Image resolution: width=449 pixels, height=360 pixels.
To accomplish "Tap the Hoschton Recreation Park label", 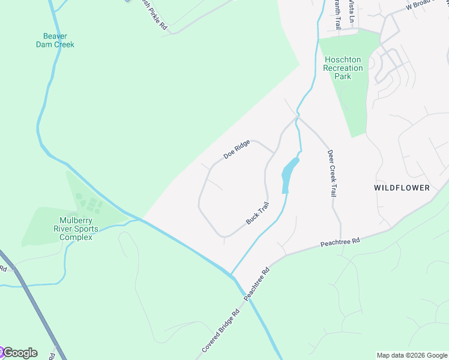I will (x=343, y=68).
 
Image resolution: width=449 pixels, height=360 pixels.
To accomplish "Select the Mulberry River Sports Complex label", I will (x=76, y=229).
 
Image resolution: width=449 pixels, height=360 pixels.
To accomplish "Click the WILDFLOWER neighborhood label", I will (x=402, y=188).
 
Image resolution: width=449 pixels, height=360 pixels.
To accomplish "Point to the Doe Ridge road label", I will (x=237, y=149).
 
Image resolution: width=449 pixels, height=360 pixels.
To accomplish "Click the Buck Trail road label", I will (x=258, y=214).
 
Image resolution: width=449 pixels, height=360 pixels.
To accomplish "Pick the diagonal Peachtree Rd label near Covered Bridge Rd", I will (x=258, y=284).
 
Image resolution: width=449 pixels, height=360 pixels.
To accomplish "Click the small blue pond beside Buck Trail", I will (x=289, y=174).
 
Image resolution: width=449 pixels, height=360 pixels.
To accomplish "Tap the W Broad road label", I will (x=425, y=5).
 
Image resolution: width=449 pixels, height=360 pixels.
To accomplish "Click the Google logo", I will (x=19, y=353).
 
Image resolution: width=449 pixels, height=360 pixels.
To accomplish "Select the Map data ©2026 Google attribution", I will (x=412, y=355).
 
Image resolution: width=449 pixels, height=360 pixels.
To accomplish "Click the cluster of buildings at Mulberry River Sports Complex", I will (x=89, y=203).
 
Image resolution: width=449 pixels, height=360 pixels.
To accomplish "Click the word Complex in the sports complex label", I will (x=76, y=237).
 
